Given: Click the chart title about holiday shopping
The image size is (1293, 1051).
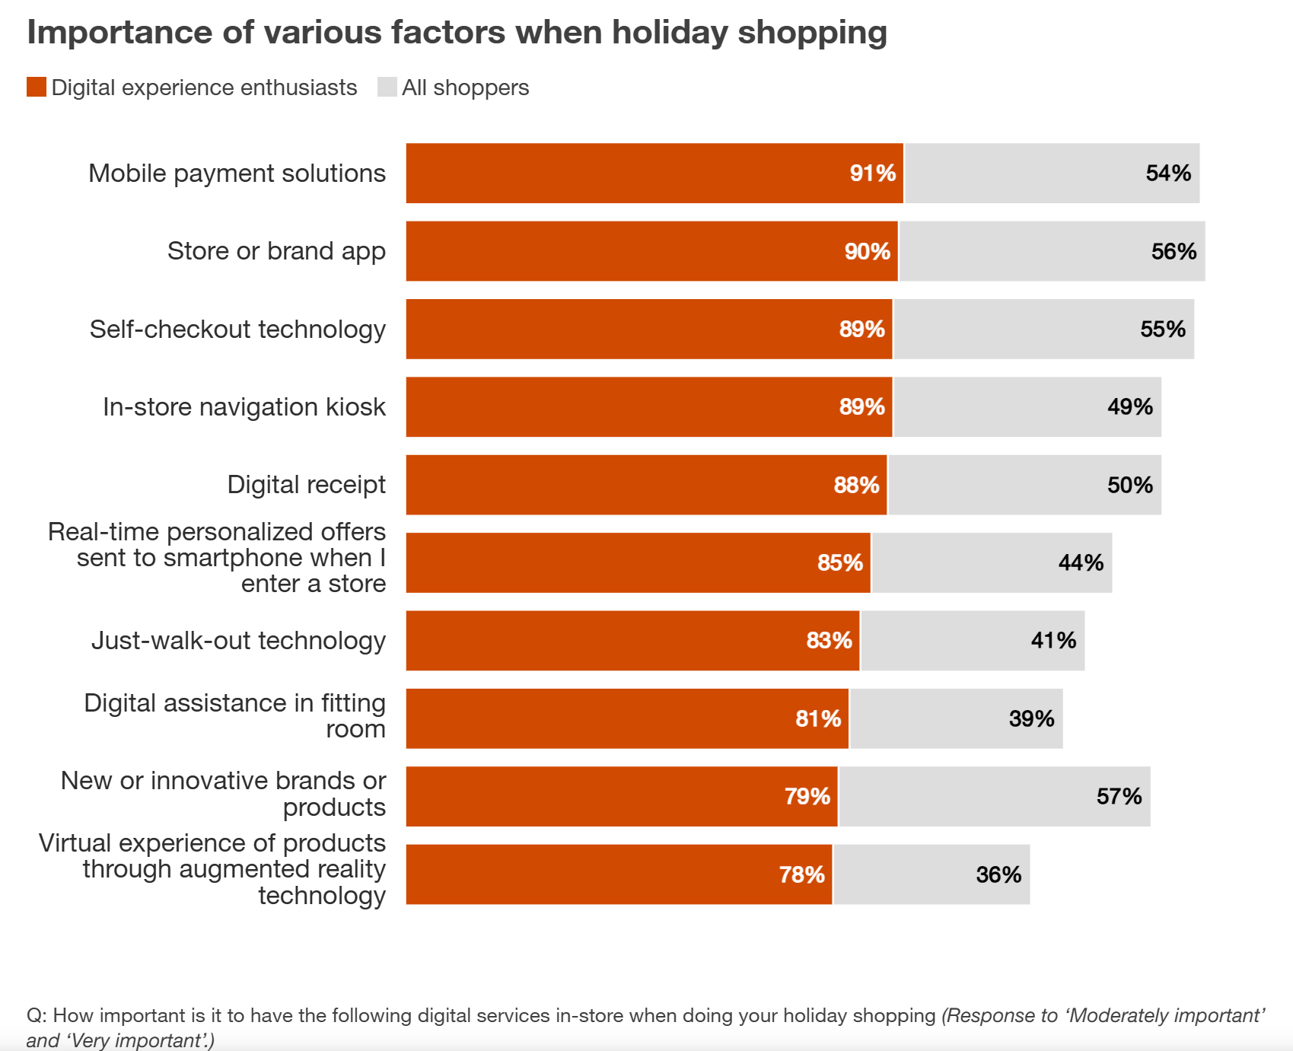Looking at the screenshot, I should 457,33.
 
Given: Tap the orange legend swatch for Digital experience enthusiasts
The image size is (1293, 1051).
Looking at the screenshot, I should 37,88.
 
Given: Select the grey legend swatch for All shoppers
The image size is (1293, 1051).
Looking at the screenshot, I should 387,88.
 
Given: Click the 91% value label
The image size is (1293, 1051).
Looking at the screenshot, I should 872,174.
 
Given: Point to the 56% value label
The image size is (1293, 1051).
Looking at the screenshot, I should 1174,252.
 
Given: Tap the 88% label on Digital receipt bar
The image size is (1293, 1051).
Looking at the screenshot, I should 856,486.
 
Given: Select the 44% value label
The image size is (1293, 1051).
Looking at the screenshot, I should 1081,563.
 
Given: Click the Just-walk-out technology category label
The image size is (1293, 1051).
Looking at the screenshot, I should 238,641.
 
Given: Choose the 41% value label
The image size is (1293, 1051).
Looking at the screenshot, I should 1053,641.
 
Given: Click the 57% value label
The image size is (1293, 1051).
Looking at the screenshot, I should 1119,797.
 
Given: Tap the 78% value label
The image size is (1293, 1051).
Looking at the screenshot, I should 801,875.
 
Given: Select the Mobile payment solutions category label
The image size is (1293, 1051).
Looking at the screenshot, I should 237,174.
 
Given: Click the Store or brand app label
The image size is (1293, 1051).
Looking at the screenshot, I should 276,251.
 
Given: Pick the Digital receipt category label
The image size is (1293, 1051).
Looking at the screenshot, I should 306,485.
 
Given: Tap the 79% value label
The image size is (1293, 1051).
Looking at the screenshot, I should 807,797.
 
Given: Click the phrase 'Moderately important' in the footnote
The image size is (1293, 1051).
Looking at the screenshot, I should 1167,1016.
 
